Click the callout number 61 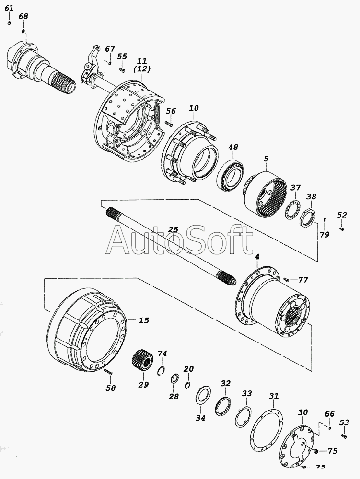(9, 8)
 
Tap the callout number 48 (233, 147)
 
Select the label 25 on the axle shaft (173, 229)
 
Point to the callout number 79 (325, 235)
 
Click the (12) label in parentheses (142, 69)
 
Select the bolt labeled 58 (108, 372)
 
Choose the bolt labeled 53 (344, 436)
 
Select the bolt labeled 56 (169, 124)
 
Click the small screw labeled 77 (286, 279)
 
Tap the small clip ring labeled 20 (188, 386)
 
